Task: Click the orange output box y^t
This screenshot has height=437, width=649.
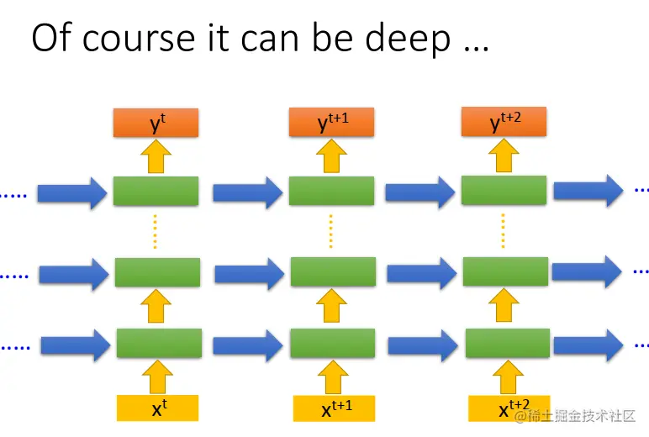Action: click(x=156, y=124)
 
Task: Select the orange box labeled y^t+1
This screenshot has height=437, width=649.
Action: click(x=331, y=124)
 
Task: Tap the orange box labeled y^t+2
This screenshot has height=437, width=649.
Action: click(x=504, y=124)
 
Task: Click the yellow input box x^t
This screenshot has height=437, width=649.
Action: click(x=157, y=408)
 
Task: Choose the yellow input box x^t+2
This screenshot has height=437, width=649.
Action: click(x=509, y=408)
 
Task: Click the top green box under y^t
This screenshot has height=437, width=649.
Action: click(x=156, y=191)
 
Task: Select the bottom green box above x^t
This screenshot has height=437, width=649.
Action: click(x=159, y=344)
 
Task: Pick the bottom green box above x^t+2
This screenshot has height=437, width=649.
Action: click(x=508, y=344)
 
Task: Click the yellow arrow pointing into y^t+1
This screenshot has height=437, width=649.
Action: click(x=331, y=155)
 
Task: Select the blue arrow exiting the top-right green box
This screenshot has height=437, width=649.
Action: click(x=588, y=191)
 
